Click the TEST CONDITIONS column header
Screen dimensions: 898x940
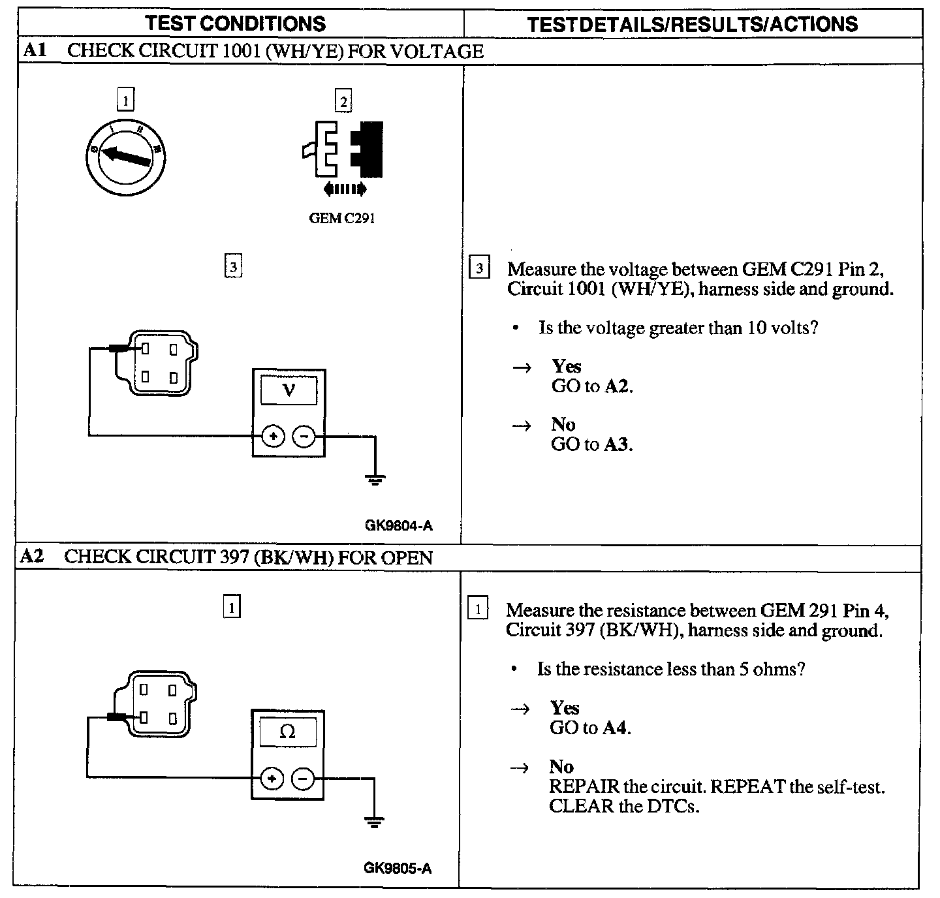coord(236,23)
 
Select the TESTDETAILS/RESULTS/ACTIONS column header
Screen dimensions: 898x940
coord(693,24)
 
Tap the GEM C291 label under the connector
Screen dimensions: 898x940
coord(341,219)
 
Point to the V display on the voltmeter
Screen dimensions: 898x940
coord(289,391)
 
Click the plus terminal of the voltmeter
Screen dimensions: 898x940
coord(274,437)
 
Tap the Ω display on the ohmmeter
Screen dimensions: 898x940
coord(287,732)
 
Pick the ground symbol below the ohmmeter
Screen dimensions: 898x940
coord(374,822)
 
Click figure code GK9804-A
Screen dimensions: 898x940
coord(398,525)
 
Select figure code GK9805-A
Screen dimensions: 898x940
coord(398,868)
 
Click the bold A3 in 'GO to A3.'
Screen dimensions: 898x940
coord(618,444)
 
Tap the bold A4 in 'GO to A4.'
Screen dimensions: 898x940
coord(616,728)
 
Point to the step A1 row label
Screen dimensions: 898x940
coord(33,51)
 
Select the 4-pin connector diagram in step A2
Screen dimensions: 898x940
coord(155,704)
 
